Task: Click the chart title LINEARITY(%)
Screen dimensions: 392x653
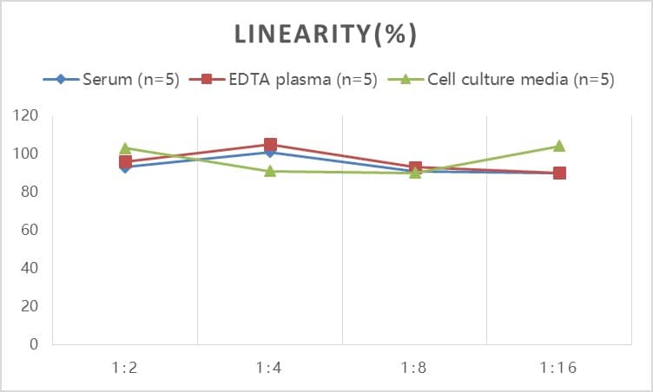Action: click(x=326, y=35)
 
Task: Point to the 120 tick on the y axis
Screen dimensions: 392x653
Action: click(x=26, y=116)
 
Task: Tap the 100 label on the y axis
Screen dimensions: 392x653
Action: click(x=26, y=154)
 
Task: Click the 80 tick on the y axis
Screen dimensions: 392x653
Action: click(x=30, y=193)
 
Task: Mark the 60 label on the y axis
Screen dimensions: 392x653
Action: click(x=30, y=231)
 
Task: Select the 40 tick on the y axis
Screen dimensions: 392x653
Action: click(x=30, y=269)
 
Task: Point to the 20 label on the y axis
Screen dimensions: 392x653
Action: click(x=30, y=307)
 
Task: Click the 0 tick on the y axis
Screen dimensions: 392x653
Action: click(x=34, y=345)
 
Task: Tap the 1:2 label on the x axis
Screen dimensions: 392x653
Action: click(x=124, y=368)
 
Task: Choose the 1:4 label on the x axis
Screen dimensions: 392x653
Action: click(x=269, y=368)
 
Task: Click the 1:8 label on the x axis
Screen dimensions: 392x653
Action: click(x=414, y=368)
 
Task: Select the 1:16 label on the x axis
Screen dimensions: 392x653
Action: click(x=559, y=368)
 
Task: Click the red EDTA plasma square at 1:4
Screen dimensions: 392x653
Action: click(x=270, y=145)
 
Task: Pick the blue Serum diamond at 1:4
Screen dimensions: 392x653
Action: click(x=270, y=153)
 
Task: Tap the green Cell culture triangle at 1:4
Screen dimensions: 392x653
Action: click(x=270, y=171)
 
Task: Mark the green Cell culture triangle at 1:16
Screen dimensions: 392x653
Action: click(x=559, y=146)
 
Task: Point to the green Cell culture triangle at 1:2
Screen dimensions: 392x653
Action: click(x=125, y=148)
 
